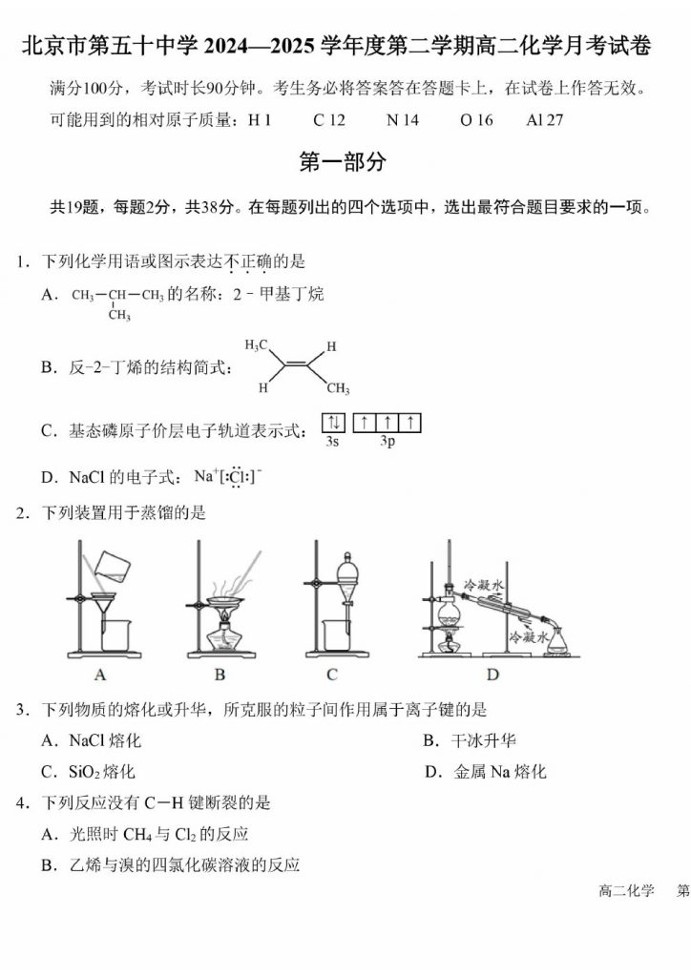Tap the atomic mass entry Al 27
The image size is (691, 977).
pyautogui.click(x=544, y=120)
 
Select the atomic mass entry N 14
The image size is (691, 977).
pyautogui.click(x=402, y=120)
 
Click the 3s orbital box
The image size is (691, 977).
pyautogui.click(x=333, y=423)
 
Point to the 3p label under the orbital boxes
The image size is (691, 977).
pyautogui.click(x=387, y=442)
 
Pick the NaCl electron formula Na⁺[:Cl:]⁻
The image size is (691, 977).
pyautogui.click(x=227, y=476)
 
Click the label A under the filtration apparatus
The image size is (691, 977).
pyautogui.click(x=100, y=676)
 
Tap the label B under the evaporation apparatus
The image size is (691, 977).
pyautogui.click(x=220, y=676)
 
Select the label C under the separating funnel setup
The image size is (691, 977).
pyautogui.click(x=331, y=676)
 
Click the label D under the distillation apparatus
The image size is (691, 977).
pyautogui.click(x=492, y=676)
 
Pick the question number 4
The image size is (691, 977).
pyautogui.click(x=21, y=803)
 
